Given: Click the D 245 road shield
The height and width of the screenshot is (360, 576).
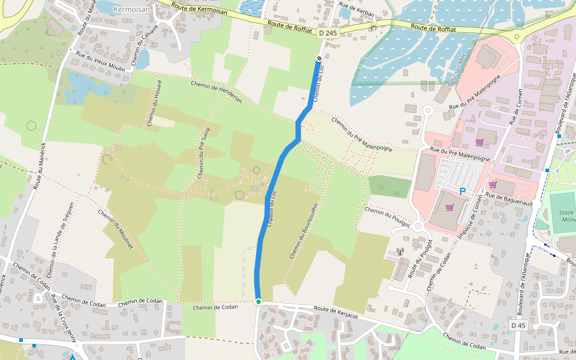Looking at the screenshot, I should click(x=328, y=34).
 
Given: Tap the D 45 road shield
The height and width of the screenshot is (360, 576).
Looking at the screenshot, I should click(x=518, y=325).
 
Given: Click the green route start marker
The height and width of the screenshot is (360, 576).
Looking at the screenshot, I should click(x=259, y=301).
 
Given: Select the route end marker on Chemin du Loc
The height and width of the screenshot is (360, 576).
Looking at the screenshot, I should click(x=319, y=58).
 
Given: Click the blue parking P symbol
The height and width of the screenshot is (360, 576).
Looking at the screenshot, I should click(x=463, y=191).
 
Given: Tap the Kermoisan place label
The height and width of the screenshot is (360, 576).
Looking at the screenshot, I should click(x=131, y=10).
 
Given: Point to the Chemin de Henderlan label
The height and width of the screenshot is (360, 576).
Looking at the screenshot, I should click(x=216, y=92).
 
